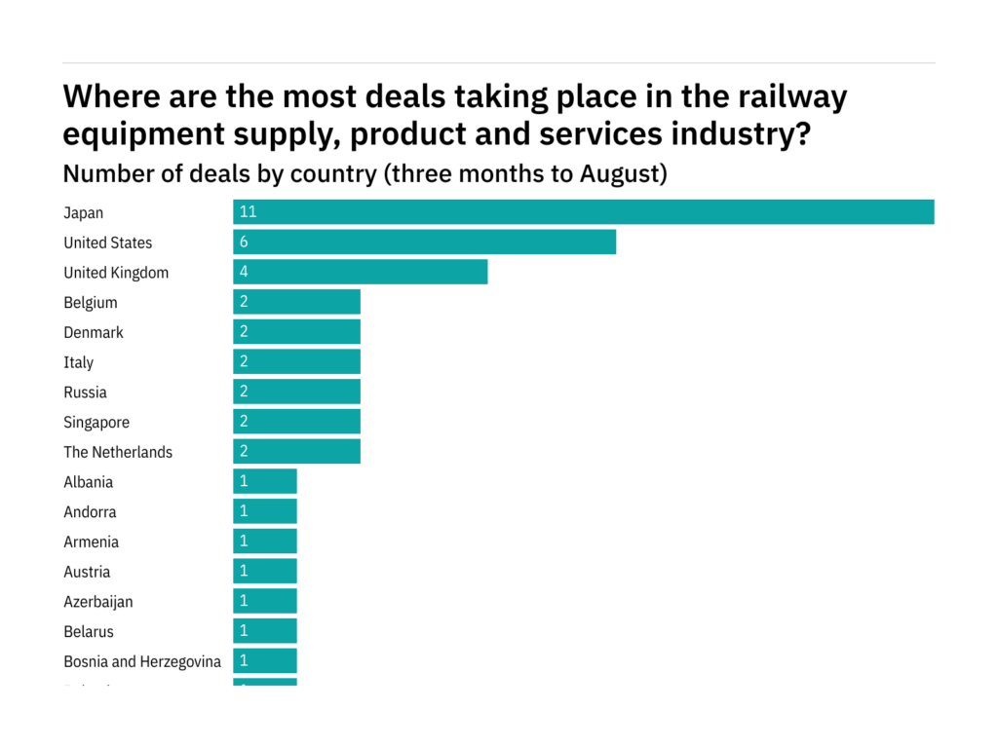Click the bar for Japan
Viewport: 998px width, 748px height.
coord(583,212)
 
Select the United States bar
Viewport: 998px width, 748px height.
coord(424,243)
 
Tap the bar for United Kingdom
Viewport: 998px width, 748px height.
coord(360,273)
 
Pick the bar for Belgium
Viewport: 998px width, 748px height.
coord(296,303)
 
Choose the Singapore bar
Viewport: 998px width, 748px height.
coord(296,423)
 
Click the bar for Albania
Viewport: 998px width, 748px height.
coord(264,482)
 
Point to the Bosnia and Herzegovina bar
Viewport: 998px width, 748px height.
coord(264,661)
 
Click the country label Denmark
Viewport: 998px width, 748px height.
coord(94,332)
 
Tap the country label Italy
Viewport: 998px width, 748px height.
coord(79,362)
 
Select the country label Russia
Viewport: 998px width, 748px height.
coord(86,393)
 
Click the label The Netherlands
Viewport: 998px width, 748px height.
coord(118,452)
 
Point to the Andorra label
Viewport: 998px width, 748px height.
coord(91,512)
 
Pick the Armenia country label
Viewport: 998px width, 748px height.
coord(92,542)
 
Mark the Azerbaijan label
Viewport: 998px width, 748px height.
coord(98,602)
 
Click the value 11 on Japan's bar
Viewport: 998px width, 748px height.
coord(248,212)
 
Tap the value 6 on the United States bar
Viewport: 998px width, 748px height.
coord(244,243)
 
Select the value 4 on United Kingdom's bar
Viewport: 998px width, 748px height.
coord(244,273)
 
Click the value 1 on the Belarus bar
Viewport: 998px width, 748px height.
coord(244,631)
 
